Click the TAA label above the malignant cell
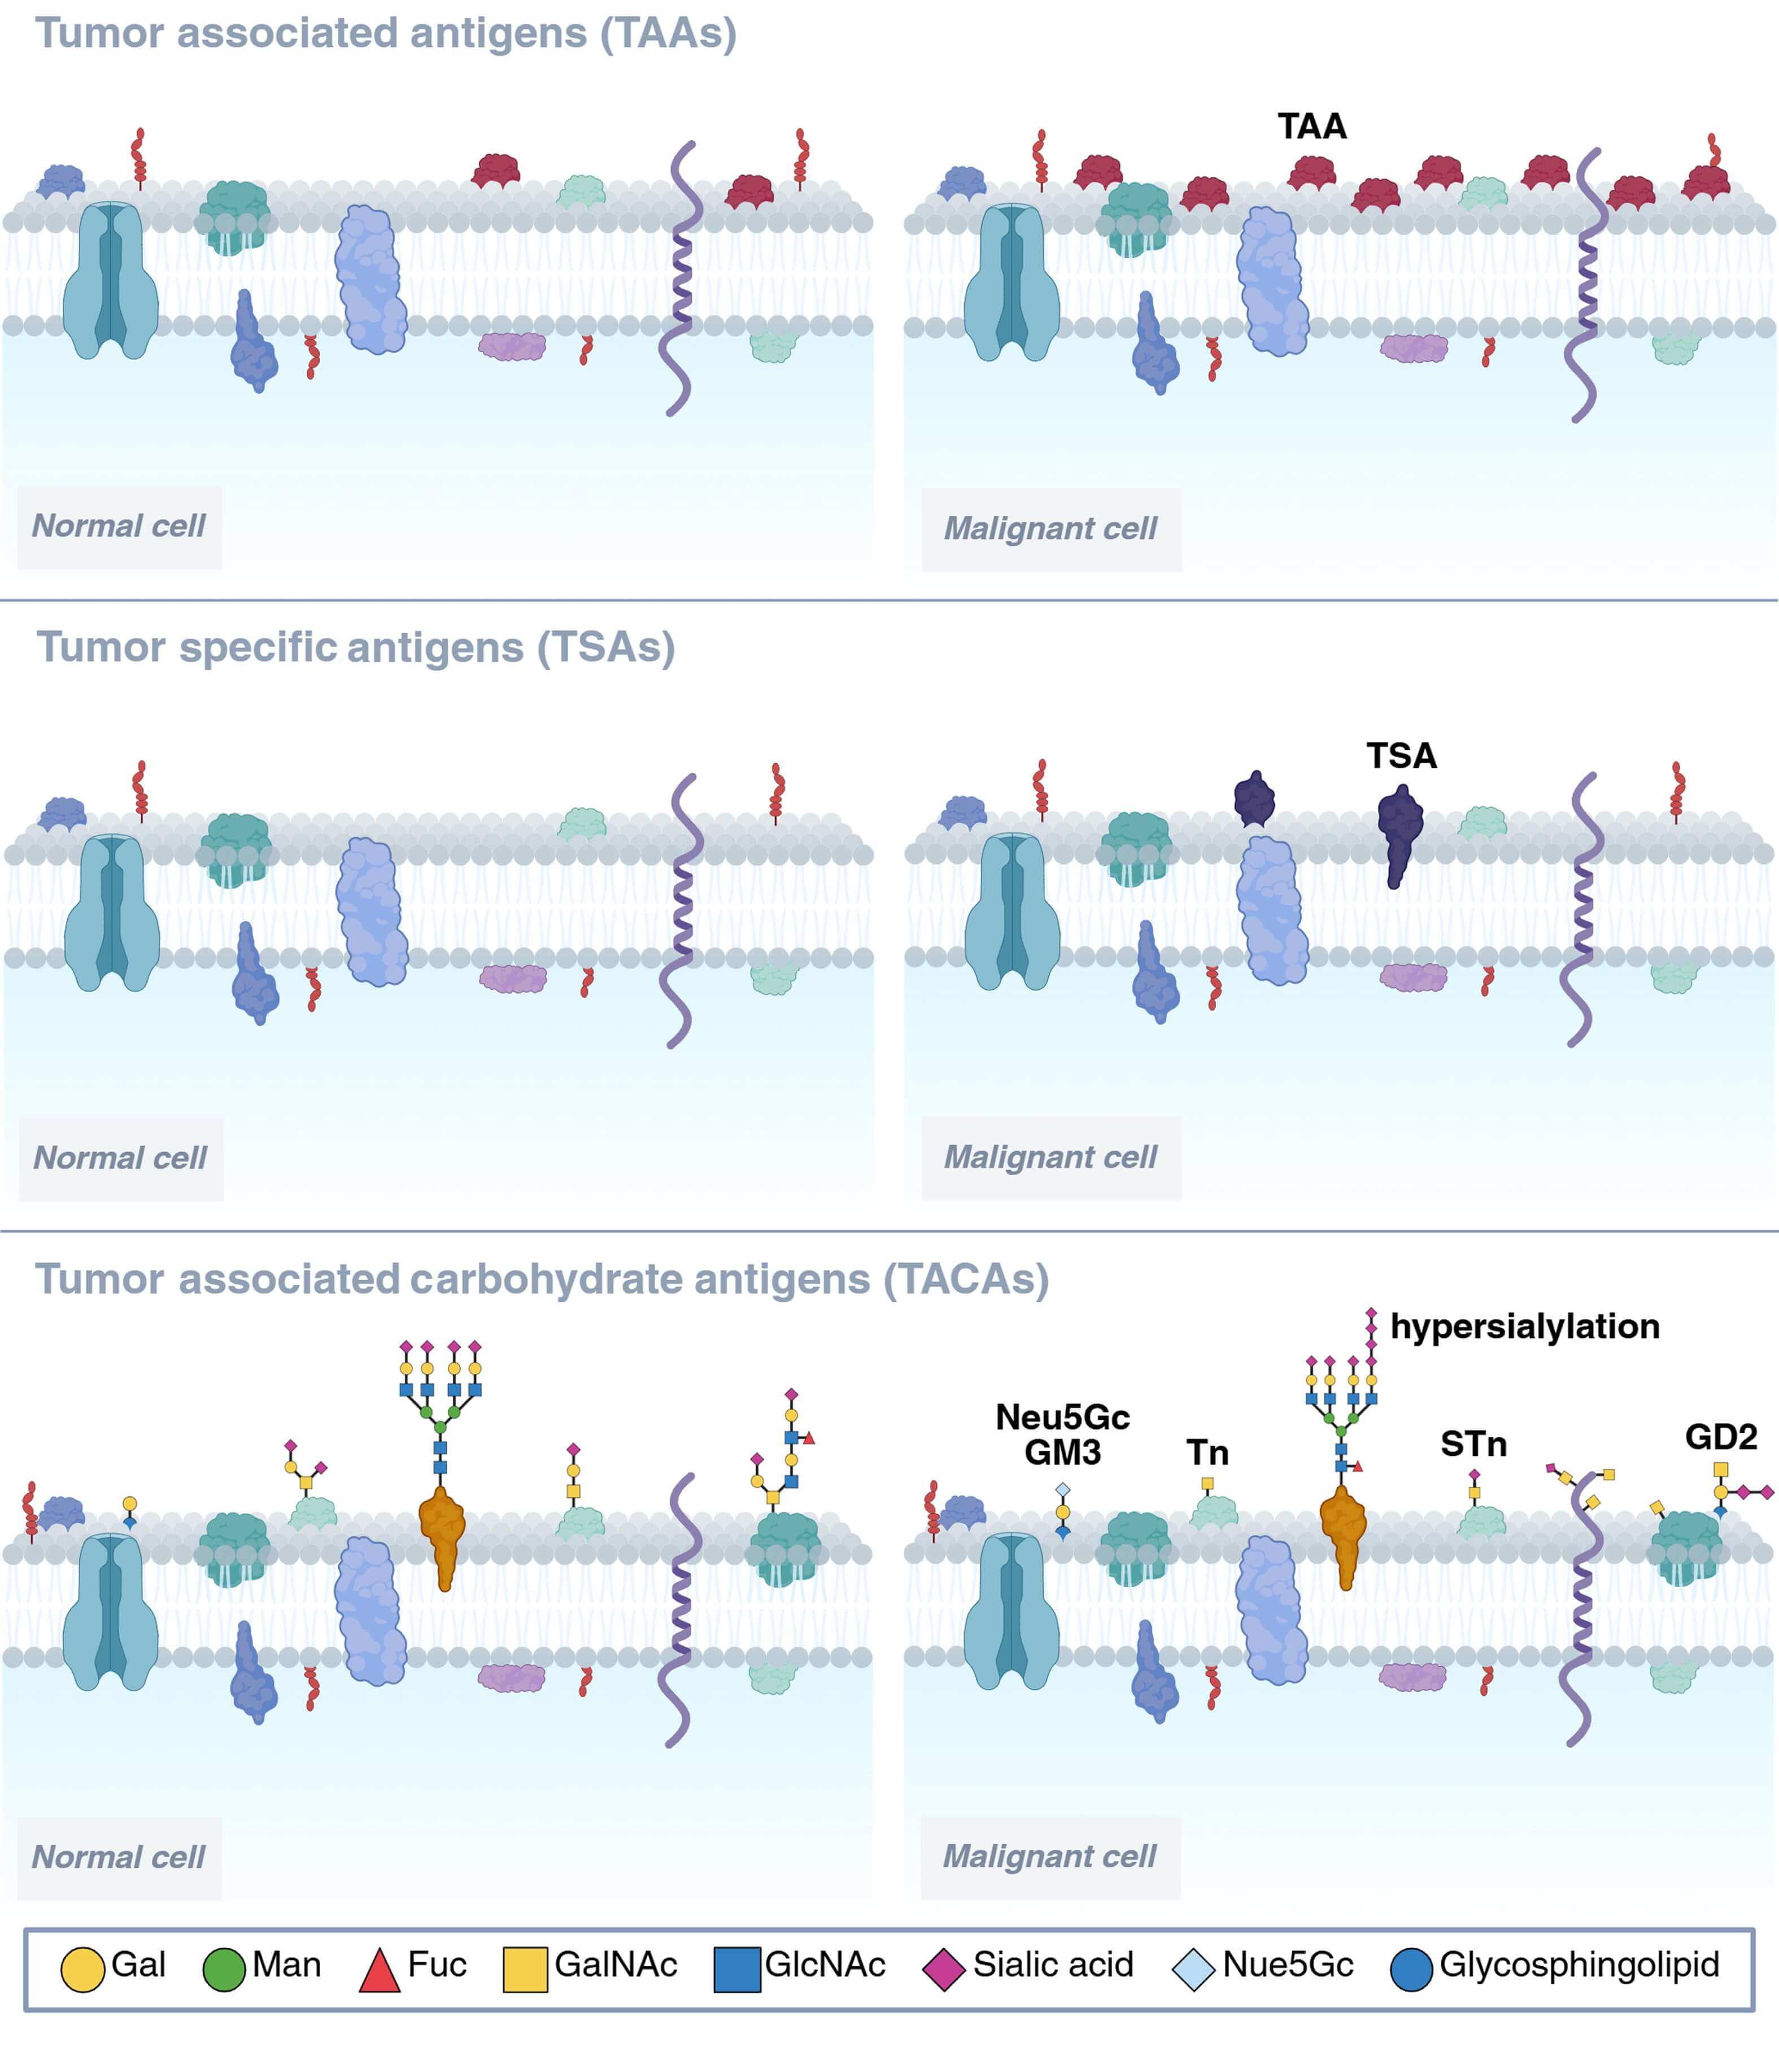click(x=1311, y=127)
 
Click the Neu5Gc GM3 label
click(x=1062, y=1434)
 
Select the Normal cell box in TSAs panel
click(x=120, y=1158)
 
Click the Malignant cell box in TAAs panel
click(x=1050, y=528)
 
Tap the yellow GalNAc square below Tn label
click(x=1207, y=1483)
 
